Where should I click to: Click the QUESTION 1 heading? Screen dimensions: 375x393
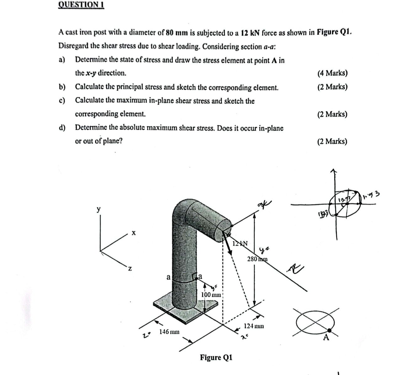[x=81, y=5]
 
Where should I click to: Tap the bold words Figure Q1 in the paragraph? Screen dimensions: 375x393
[x=334, y=32]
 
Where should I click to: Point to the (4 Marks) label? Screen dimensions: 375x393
[x=332, y=73]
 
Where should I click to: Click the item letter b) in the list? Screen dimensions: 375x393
[x=62, y=87]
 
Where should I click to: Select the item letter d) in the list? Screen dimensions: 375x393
[x=62, y=128]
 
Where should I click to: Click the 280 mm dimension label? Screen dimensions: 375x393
[x=257, y=259]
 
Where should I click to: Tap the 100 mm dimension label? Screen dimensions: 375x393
[x=210, y=295]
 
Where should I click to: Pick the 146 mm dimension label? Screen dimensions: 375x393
[x=169, y=331]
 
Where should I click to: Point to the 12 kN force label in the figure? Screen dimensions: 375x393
[x=240, y=244]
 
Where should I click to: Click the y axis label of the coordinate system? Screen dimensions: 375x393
[x=99, y=209]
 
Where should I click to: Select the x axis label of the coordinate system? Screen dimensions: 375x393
[x=133, y=233]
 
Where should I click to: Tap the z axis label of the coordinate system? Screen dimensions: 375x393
[x=130, y=269]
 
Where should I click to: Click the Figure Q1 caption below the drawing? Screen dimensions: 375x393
[x=216, y=357]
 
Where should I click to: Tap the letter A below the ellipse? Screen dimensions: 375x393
[x=326, y=338]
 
